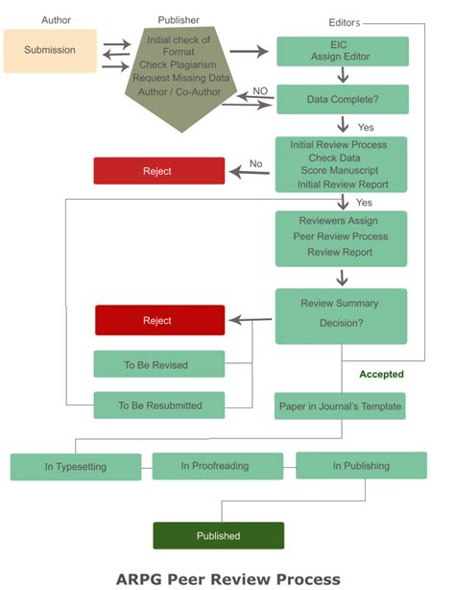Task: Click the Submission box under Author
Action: [x=50, y=50]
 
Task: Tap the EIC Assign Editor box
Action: [x=342, y=51]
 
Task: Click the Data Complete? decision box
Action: [x=342, y=99]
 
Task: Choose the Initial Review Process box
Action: [x=342, y=163]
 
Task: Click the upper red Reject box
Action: [x=158, y=171]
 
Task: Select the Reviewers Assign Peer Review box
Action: [x=342, y=237]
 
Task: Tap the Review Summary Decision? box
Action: [x=342, y=315]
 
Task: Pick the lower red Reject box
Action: [x=158, y=320]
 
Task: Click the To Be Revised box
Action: [x=158, y=365]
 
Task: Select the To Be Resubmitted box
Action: [x=158, y=406]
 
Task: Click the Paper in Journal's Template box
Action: [x=340, y=406]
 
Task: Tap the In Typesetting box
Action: [x=76, y=467]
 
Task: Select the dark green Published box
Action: [x=218, y=535]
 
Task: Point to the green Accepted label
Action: [x=381, y=375]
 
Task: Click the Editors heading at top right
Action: [x=346, y=21]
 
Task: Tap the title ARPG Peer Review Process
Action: [x=227, y=578]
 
